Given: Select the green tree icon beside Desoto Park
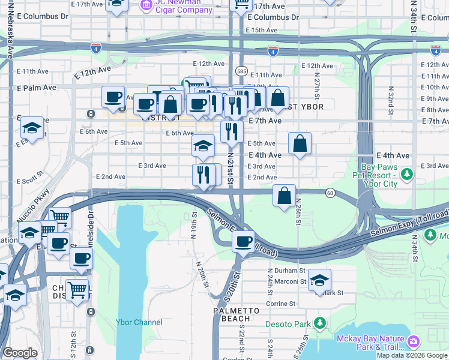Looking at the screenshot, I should (x=320, y=324).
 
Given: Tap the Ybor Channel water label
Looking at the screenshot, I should (x=139, y=322).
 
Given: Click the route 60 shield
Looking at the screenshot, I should (x=330, y=193).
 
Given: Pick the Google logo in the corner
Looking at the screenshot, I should (x=20, y=353).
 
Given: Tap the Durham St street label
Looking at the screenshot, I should (x=283, y=271).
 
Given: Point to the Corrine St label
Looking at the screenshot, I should (x=280, y=304).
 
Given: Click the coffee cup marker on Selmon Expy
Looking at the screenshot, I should (x=243, y=242).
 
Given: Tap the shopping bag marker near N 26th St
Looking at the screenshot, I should (x=284, y=196).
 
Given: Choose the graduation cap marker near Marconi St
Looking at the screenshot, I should (x=320, y=280).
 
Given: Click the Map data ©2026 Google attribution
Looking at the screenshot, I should (x=412, y=355).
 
